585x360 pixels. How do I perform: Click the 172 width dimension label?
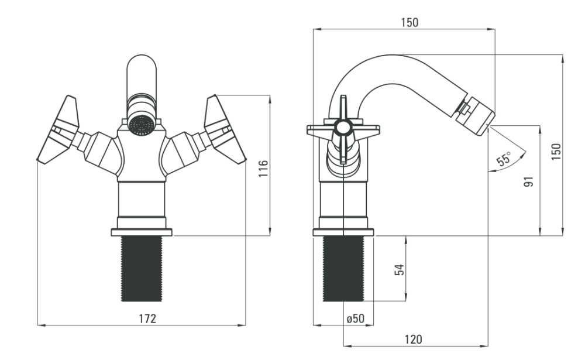pyautogui.click(x=147, y=318)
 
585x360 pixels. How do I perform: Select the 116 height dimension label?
pyautogui.click(x=263, y=168)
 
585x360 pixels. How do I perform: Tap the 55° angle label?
pyautogui.click(x=504, y=159)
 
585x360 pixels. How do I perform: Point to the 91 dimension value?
pyautogui.click(x=529, y=181)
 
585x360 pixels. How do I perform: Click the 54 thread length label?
pyautogui.click(x=399, y=270)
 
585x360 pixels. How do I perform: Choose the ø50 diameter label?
pyautogui.click(x=356, y=318)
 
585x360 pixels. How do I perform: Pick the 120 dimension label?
pyautogui.click(x=414, y=339)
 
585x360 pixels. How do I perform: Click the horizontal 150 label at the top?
pyautogui.click(x=409, y=22)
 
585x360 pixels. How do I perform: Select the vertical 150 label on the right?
pyautogui.click(x=556, y=151)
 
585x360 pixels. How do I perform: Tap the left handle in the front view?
pyautogui.click(x=59, y=129)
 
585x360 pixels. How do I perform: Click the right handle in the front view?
pyautogui.click(x=225, y=129)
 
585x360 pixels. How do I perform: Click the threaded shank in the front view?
pyautogui.click(x=142, y=269)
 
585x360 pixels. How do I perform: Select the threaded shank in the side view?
pyautogui.click(x=343, y=269)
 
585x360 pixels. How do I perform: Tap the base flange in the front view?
pyautogui.click(x=142, y=232)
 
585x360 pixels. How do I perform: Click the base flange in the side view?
pyautogui.click(x=343, y=232)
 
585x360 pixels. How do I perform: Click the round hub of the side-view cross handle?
pyautogui.click(x=342, y=128)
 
